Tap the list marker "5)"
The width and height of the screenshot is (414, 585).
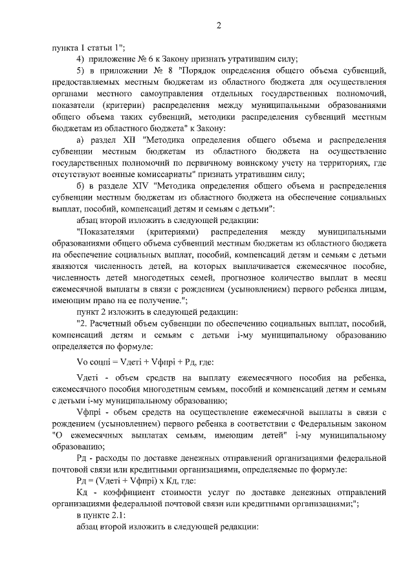click(x=81, y=70)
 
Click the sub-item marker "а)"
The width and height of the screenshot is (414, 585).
click(x=80, y=140)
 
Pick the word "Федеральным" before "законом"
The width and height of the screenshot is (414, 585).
click(x=325, y=423)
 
